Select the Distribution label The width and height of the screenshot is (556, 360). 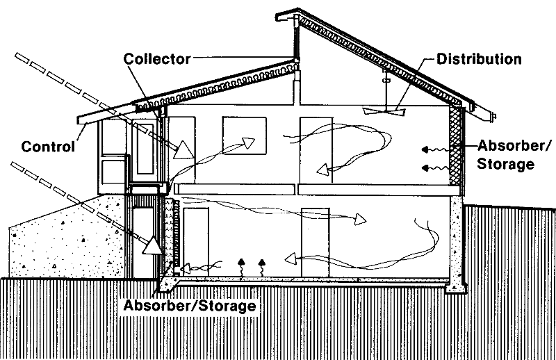[479, 58]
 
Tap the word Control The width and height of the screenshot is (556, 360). [48, 147]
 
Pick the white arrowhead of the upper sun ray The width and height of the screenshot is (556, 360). [183, 149]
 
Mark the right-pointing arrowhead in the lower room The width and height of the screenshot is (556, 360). [359, 220]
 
